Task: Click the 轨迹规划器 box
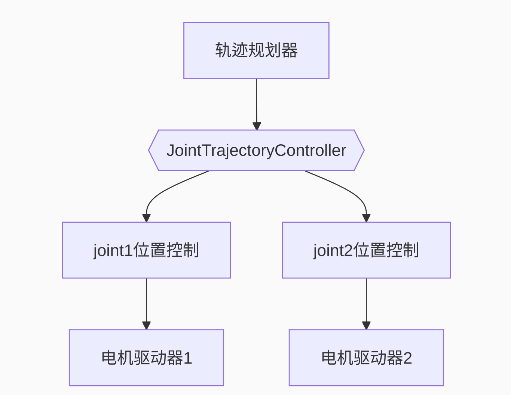pyautogui.click(x=256, y=50)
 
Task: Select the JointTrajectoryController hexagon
pyautogui.click(x=256, y=150)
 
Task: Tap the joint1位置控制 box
pyautogui.click(x=146, y=250)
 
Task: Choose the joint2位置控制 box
pyautogui.click(x=366, y=250)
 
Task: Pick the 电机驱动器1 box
pyautogui.click(x=146, y=358)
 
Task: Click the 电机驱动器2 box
pyautogui.click(x=366, y=358)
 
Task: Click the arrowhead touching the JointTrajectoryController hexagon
pyautogui.click(x=257, y=126)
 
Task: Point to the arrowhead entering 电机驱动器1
pyautogui.click(x=146, y=325)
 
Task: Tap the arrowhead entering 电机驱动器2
pyautogui.click(x=366, y=325)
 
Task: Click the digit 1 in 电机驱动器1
pyautogui.click(x=188, y=358)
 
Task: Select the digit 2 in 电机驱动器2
pyautogui.click(x=408, y=358)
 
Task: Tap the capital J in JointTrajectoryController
pyautogui.click(x=171, y=150)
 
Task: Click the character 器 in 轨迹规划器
pyautogui.click(x=290, y=50)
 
